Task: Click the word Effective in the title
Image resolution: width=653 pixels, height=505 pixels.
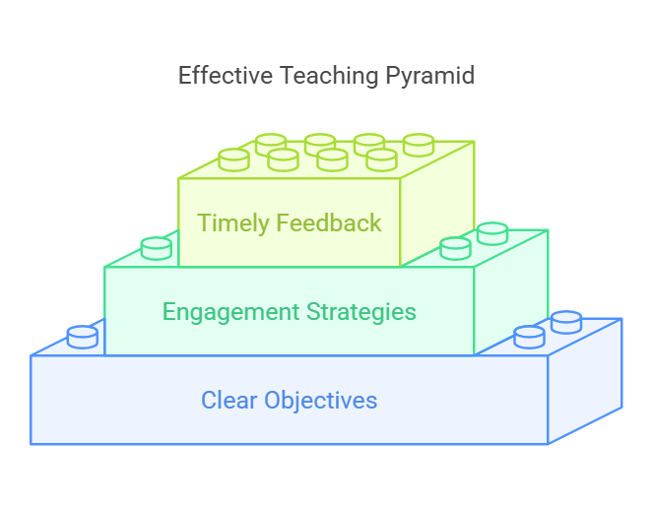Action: click(x=226, y=76)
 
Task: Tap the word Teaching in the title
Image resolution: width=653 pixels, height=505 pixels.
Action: click(x=329, y=76)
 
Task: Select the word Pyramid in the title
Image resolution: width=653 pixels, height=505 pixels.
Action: click(x=429, y=76)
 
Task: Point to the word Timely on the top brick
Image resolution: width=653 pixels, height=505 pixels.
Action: click(x=232, y=223)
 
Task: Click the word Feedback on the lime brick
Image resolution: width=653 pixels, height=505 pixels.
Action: click(x=329, y=222)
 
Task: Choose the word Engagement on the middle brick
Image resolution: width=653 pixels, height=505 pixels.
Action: click(x=230, y=312)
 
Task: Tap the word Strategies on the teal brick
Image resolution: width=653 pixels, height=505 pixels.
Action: click(x=361, y=312)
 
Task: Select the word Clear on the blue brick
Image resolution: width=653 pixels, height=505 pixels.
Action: click(x=229, y=400)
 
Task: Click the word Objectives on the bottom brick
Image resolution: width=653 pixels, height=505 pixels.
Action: click(x=321, y=401)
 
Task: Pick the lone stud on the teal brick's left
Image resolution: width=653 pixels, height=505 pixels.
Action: click(x=157, y=248)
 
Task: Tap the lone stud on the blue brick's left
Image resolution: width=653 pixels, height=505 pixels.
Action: click(x=83, y=337)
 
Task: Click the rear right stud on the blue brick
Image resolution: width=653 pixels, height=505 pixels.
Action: click(x=566, y=322)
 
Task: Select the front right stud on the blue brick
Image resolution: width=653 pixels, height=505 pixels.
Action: click(x=529, y=338)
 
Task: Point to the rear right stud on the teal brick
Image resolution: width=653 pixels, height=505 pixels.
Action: click(x=492, y=233)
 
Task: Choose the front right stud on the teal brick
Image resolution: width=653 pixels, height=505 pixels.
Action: click(x=455, y=248)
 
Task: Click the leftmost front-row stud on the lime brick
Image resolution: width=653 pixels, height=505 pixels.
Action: click(x=233, y=159)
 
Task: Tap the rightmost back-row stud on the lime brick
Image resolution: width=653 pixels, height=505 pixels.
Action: click(x=419, y=145)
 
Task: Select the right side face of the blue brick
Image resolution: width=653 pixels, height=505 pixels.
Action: click(x=585, y=381)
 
